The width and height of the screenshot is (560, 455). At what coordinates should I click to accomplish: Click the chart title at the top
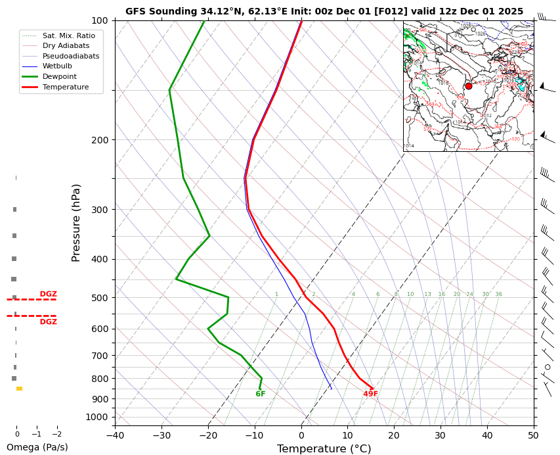tap(324, 11)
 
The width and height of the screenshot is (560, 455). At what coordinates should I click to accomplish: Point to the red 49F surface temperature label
tap(371, 394)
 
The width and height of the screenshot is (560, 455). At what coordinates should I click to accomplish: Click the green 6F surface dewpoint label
tap(261, 394)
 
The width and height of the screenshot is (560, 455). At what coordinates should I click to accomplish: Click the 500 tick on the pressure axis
tap(99, 298)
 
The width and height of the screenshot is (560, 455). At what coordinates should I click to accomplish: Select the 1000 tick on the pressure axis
tap(97, 417)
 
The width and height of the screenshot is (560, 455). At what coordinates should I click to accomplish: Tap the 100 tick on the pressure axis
tap(99, 21)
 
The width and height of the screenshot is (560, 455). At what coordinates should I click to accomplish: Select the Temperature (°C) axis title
tap(324, 448)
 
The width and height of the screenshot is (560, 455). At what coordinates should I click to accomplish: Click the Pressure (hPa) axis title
tap(76, 223)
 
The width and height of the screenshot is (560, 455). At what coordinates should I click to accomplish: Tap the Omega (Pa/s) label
tap(37, 447)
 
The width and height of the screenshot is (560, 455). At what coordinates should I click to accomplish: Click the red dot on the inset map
tap(468, 86)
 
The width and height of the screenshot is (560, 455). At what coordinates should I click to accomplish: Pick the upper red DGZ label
tap(49, 294)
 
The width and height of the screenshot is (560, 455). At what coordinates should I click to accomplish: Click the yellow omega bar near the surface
tap(20, 389)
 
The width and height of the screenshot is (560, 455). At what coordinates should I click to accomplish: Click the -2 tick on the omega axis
tap(56, 434)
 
